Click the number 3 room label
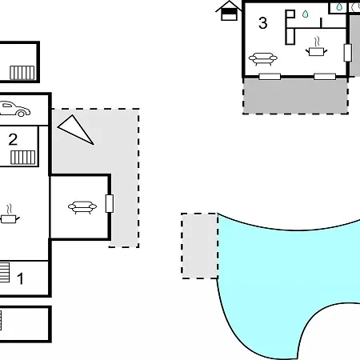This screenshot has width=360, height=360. [263, 23]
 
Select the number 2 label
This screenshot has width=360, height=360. [13, 139]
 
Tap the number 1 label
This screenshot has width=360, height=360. [20, 278]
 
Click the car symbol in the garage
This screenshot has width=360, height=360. [14, 109]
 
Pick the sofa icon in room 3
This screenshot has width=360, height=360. [263, 59]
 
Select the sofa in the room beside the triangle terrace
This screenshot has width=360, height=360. [82, 207]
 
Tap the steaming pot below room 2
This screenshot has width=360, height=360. [10, 214]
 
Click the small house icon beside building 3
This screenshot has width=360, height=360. [229, 10]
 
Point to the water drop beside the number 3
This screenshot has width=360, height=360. [306, 14]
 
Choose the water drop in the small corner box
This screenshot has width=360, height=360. [339, 6]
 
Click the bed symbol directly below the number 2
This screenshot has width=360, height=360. [23, 158]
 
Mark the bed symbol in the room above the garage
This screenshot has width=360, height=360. [22, 73]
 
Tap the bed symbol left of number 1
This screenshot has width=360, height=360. [5, 272]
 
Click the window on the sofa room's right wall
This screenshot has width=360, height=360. [110, 203]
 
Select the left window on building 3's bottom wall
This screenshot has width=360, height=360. [270, 77]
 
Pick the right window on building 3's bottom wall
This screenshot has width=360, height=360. [325, 77]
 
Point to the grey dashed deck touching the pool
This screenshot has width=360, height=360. [199, 246]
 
